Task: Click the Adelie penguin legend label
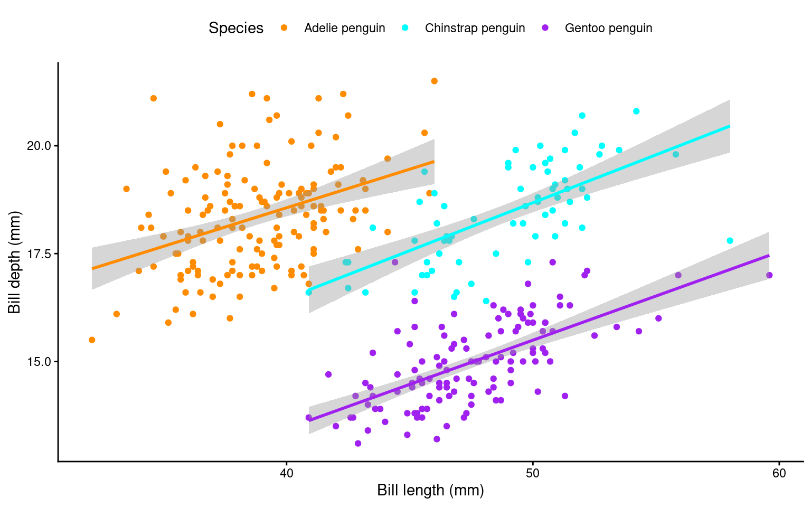(x=344, y=28)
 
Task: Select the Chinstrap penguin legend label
(x=475, y=28)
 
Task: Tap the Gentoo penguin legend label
(x=608, y=28)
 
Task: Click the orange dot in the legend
(x=284, y=28)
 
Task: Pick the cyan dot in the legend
(x=405, y=28)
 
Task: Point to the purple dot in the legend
(x=545, y=28)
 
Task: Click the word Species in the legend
(x=236, y=28)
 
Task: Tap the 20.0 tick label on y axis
(x=38, y=146)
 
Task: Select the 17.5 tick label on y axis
(x=38, y=254)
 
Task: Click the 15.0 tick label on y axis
(x=38, y=362)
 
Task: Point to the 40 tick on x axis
(x=286, y=473)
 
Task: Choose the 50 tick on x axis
(x=533, y=473)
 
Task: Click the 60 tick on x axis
(x=779, y=473)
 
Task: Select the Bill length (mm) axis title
(x=430, y=491)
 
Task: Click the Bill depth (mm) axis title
(x=14, y=262)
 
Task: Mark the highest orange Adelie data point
(x=435, y=81)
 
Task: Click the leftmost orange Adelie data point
(x=92, y=340)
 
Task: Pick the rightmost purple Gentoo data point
(x=769, y=275)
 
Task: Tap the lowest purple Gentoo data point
(x=358, y=443)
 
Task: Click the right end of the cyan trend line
(x=730, y=126)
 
